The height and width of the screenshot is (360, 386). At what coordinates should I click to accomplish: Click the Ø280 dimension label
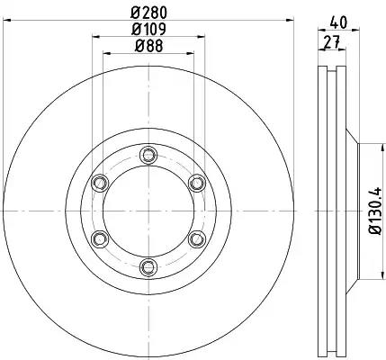point(149,13)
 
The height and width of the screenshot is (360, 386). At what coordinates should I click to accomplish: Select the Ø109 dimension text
point(148,29)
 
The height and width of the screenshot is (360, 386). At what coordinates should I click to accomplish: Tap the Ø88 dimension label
point(148,46)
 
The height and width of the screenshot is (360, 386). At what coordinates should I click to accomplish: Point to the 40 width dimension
point(338,22)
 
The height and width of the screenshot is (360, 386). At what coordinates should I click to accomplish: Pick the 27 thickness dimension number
point(331,41)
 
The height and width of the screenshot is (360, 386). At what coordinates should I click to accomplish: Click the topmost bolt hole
point(148,156)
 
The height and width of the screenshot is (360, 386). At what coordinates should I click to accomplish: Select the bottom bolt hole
point(148,266)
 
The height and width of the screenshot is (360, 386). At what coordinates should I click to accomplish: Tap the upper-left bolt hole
point(100,183)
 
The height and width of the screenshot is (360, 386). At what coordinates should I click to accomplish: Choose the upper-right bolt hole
point(197,183)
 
